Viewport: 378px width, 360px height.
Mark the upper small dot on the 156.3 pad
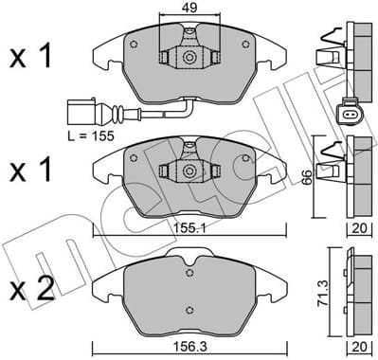click(190, 266)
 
